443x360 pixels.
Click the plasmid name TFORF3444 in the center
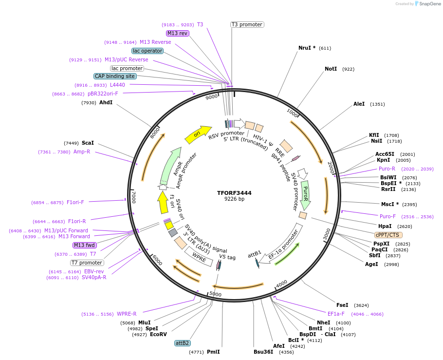point(234,193)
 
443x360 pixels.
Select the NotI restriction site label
point(331,69)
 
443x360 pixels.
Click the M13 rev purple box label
point(177,33)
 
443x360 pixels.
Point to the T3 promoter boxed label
point(247,24)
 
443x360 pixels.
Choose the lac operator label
point(147,51)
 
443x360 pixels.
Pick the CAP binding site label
point(115,76)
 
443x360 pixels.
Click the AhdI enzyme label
point(106,103)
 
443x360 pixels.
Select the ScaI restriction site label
point(88,143)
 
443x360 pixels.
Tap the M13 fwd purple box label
point(85,245)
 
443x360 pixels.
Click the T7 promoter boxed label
point(87,263)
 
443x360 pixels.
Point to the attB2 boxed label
point(183,343)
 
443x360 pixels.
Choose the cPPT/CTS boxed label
point(388,235)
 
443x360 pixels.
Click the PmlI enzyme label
point(213,352)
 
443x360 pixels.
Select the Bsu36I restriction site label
point(263,352)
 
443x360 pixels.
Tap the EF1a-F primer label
point(336,314)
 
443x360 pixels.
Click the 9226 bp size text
point(234,199)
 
